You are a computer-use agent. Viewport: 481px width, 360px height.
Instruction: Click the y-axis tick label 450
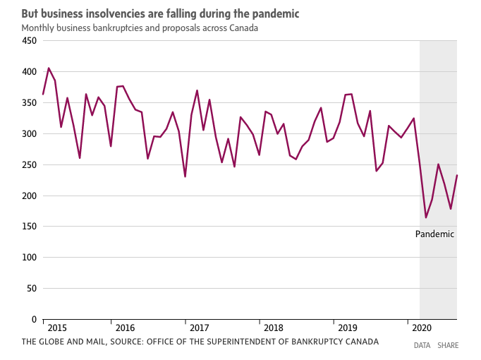pos(29,41)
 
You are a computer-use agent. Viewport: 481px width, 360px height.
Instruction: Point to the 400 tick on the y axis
pos(29,72)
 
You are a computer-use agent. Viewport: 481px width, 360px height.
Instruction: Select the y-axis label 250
pos(29,164)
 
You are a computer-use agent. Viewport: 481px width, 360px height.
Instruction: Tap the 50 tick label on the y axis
pos(31,289)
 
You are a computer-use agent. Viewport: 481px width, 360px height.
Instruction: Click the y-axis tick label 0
pos(34,320)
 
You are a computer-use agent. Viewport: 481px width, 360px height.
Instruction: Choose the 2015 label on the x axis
pos(58,328)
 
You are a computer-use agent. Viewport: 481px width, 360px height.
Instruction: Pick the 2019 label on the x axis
pos(348,328)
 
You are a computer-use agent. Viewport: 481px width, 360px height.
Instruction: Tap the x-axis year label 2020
pos(421,328)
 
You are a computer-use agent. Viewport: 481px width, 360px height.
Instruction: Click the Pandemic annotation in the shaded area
pos(434,234)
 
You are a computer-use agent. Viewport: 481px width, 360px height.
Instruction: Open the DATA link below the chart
pos(422,346)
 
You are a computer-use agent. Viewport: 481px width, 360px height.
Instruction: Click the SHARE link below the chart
pos(448,346)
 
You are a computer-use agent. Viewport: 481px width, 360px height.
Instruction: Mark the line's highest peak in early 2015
pos(49,68)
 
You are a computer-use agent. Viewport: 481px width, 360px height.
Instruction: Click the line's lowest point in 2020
pos(426,217)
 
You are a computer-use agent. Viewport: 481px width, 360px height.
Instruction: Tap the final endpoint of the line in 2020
pos(457,175)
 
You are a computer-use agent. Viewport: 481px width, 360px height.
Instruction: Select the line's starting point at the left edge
pos(43,94)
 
